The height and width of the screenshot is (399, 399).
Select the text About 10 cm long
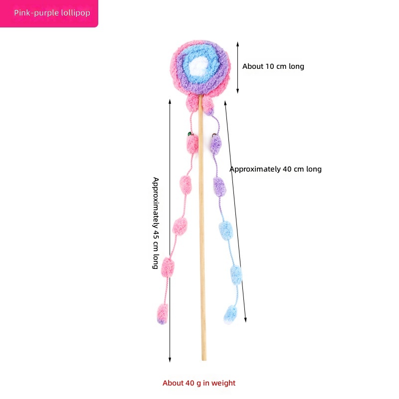coord(273,66)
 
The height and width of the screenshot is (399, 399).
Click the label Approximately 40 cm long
coord(275,169)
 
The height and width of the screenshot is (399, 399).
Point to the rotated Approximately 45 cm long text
coord(156,223)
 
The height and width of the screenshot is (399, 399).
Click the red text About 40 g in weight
coord(199,383)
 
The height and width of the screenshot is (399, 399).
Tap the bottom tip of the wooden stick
coord(204,358)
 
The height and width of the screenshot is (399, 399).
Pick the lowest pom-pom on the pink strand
coord(163,314)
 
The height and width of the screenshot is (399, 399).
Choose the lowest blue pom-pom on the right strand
coord(230,314)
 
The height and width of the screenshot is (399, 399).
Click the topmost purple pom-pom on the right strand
coord(215,144)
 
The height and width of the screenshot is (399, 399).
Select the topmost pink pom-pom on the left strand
coord(193,144)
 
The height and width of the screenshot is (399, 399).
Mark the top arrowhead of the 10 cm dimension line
coord(237,43)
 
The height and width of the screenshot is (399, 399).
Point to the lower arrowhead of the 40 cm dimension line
coord(245,320)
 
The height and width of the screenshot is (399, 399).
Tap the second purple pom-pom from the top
coord(220,186)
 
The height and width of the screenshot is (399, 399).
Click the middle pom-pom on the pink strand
coord(180,226)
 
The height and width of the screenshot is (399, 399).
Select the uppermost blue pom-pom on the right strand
coord(226,230)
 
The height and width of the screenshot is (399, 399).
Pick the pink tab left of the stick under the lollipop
coord(193,104)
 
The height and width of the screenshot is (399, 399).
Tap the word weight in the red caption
coord(223,383)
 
